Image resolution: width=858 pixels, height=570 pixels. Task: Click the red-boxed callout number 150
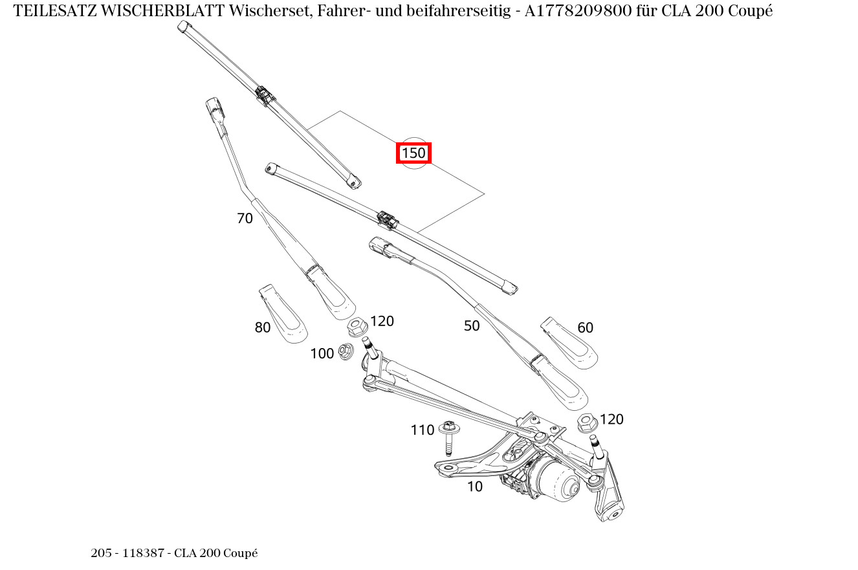pos(413,153)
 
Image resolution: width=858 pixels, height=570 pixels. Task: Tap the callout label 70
pos(245,219)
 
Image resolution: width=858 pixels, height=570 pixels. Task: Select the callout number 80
pos(262,328)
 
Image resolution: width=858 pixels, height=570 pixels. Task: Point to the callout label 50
pos(472,326)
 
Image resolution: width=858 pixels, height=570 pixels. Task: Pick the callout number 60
pos(585,328)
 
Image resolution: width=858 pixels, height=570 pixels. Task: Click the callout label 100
pos(322,353)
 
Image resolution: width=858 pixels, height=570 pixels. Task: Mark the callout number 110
pos(422,430)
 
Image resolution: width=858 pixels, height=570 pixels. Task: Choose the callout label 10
pos(474,487)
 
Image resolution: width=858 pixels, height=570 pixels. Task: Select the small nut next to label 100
pos(346,351)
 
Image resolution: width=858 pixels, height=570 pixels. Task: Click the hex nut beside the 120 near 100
pos(357,327)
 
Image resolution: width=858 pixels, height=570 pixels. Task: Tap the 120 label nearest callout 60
pos(611,419)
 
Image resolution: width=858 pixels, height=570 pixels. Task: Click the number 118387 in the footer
pos(142,553)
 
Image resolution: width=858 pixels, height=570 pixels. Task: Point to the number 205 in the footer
pos(101,553)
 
